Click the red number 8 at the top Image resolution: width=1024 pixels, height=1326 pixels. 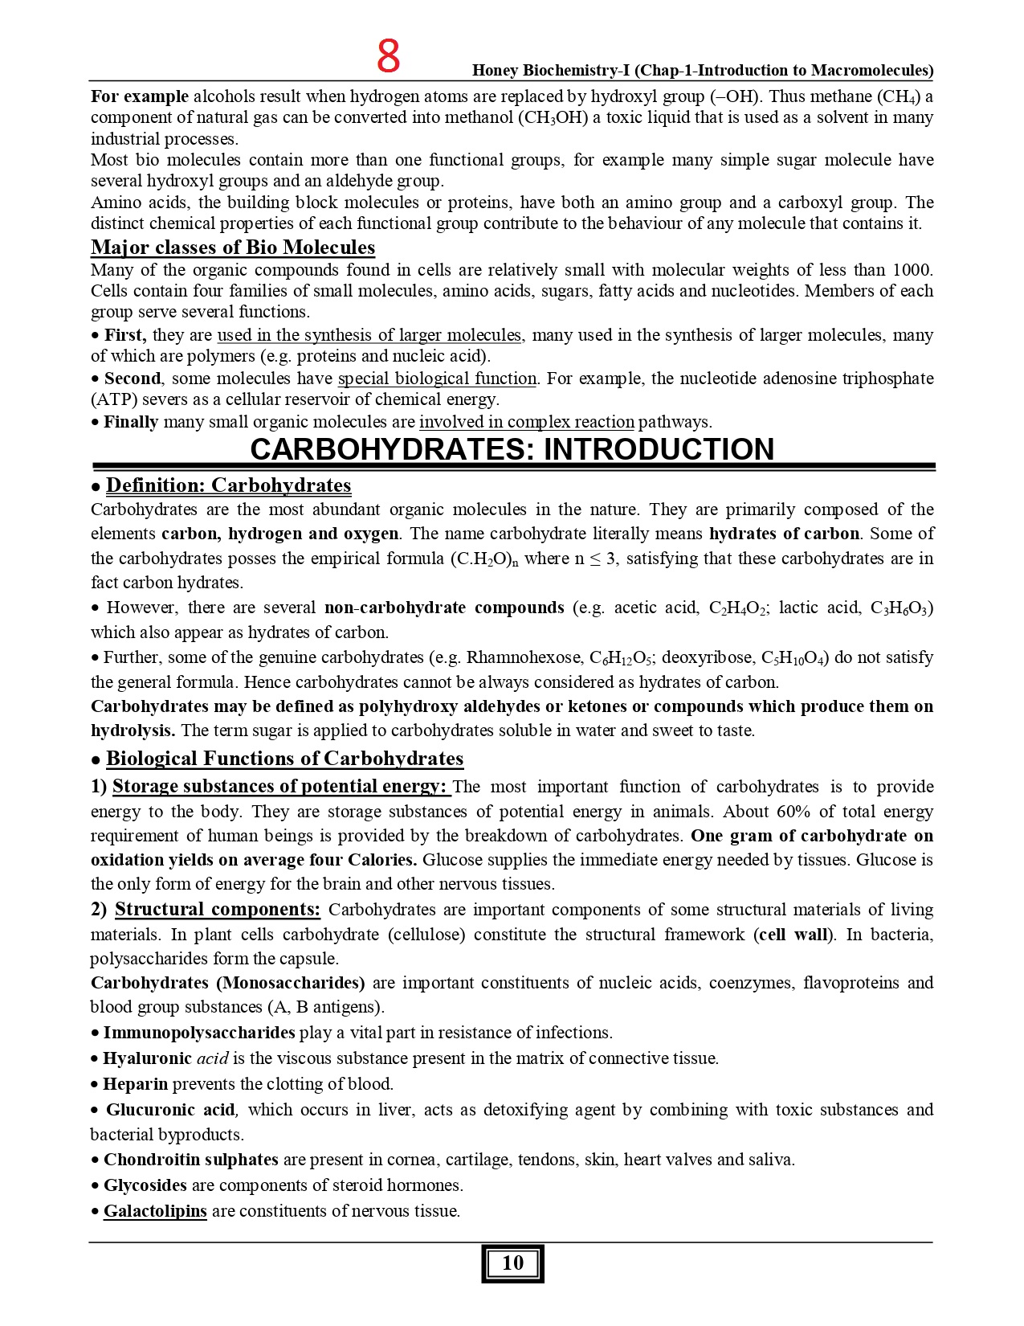pos(389,57)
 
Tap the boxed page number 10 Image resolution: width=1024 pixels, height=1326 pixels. pos(512,1263)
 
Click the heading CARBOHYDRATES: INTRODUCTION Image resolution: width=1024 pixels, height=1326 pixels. pos(512,449)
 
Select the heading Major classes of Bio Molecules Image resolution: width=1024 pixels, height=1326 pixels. pos(233,248)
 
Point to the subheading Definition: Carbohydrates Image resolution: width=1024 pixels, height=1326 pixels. pos(228,485)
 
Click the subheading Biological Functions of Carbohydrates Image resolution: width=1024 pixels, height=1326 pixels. pos(284,759)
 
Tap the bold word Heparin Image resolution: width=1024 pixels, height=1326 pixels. pos(136,1084)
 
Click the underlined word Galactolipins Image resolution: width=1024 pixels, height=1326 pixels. pos(155,1211)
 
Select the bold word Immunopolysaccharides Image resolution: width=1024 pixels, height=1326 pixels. pos(199,1033)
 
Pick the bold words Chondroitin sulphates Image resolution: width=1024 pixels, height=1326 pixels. pos(191,1160)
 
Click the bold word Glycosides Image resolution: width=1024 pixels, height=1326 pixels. pos(145,1185)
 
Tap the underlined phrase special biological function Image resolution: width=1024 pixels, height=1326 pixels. pos(437,379)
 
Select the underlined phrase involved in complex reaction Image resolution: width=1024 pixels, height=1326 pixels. pos(526,422)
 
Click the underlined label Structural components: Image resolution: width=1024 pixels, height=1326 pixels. pos(218,910)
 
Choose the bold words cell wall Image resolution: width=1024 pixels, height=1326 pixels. pos(795,935)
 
